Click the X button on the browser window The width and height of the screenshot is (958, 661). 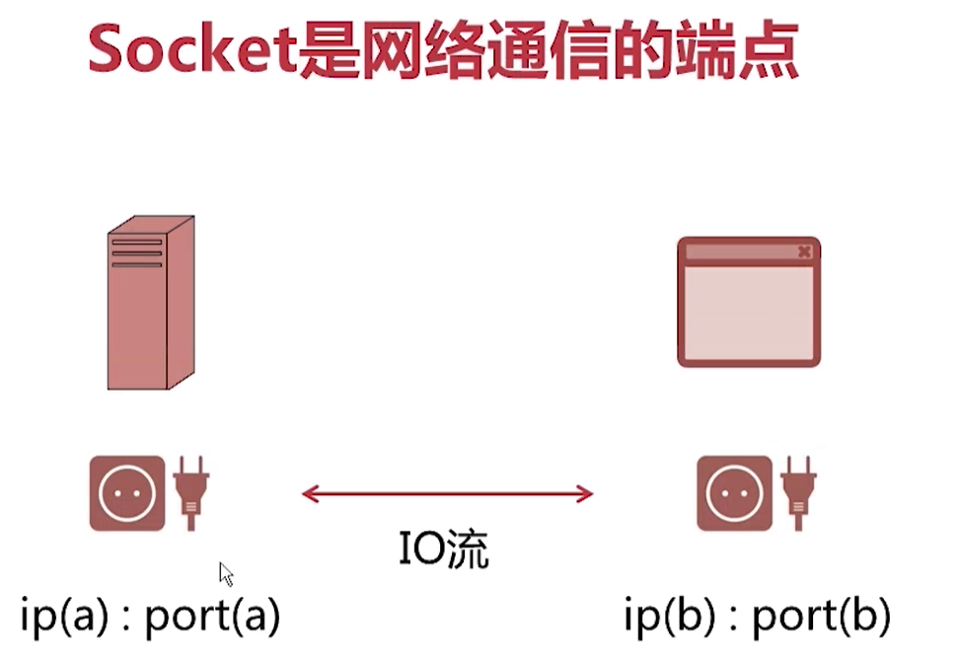point(804,253)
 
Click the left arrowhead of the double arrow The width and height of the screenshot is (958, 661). point(308,493)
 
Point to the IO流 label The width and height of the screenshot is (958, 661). point(444,550)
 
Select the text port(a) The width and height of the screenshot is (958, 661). point(213,617)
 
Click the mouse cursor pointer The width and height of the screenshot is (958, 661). point(226,574)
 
